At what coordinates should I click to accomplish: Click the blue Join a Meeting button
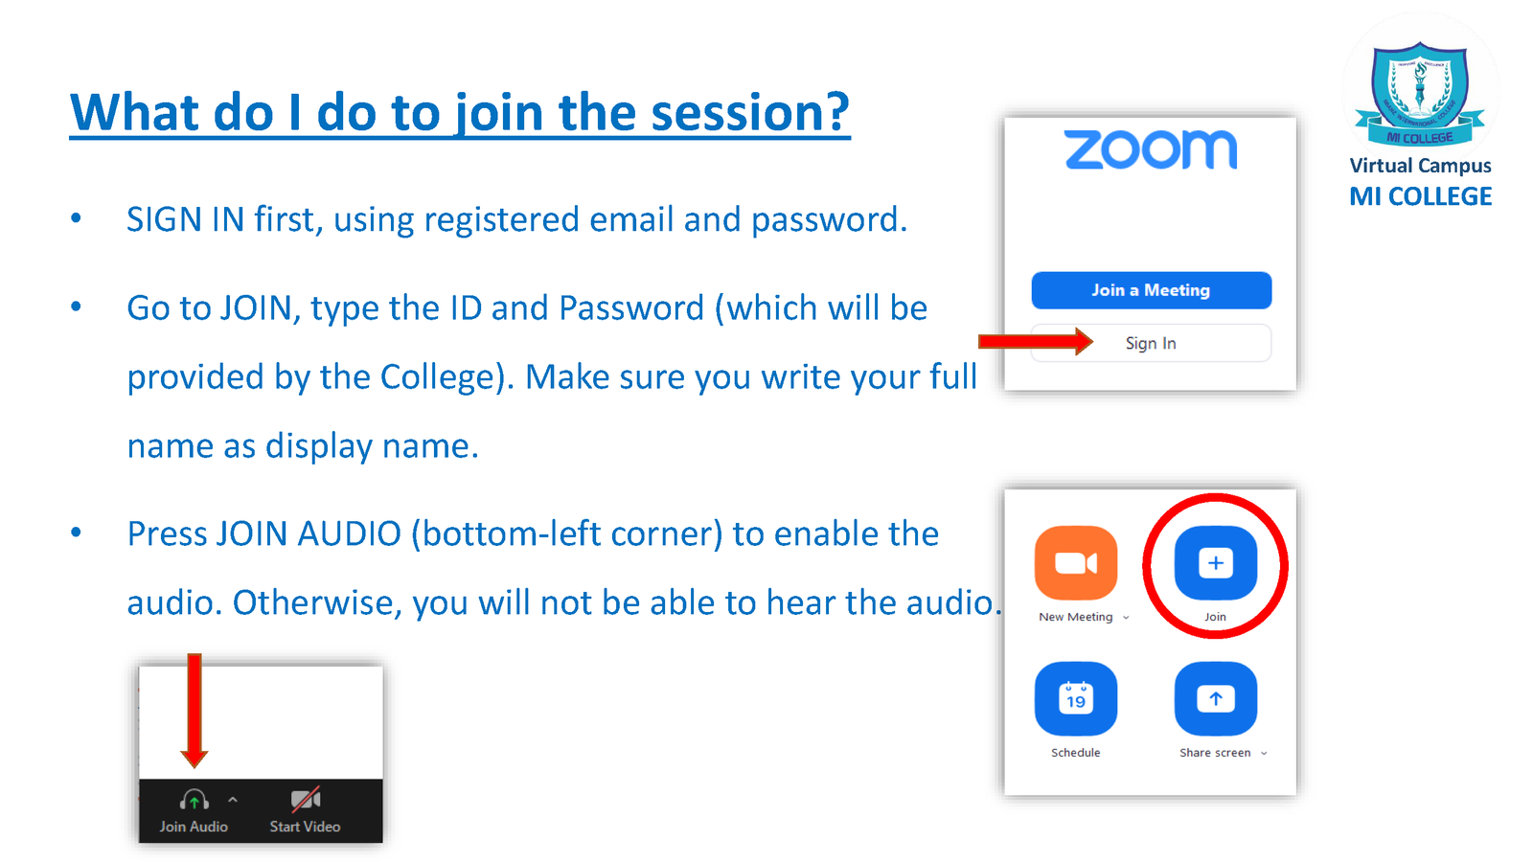(x=1151, y=290)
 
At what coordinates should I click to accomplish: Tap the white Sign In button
(x=1151, y=343)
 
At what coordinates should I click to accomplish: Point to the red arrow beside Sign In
(x=1036, y=341)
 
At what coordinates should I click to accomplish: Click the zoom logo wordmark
(x=1151, y=149)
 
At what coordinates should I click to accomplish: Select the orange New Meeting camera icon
(x=1076, y=563)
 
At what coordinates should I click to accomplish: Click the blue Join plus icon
(x=1216, y=563)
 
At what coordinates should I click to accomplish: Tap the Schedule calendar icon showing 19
(x=1076, y=698)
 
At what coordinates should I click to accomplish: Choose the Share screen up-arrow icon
(x=1216, y=698)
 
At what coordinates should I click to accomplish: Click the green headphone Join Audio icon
(x=194, y=800)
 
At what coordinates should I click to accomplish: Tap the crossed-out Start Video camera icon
(x=306, y=799)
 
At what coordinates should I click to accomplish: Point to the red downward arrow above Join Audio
(x=194, y=710)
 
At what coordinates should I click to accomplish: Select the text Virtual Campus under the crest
(x=1420, y=166)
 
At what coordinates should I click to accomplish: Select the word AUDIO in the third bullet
(x=349, y=533)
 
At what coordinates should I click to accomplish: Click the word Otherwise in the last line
(x=317, y=602)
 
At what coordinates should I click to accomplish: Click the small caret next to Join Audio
(x=233, y=799)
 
